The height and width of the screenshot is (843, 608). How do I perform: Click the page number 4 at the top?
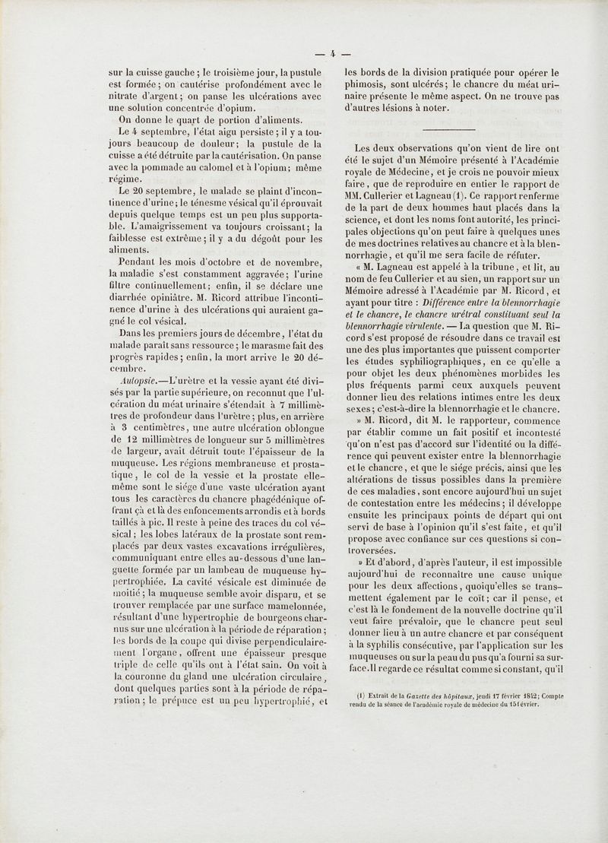(x=332, y=54)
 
